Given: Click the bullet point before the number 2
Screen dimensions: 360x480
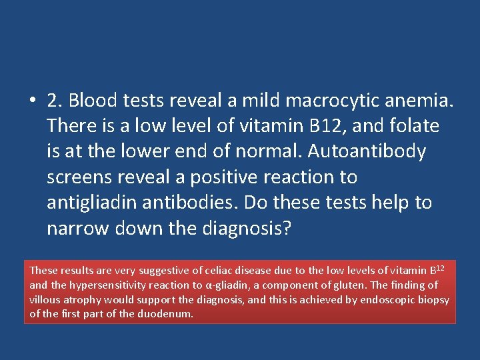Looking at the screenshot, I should (33, 101).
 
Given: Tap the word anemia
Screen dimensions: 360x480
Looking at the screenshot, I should (421, 101).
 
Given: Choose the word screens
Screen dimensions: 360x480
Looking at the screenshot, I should (80, 177).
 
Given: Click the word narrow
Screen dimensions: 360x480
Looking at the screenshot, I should (77, 228).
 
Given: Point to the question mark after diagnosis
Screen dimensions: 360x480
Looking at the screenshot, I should (287, 228).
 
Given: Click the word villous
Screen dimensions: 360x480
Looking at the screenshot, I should (44, 300).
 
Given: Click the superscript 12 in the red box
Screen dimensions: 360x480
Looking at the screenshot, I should (440, 267).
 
